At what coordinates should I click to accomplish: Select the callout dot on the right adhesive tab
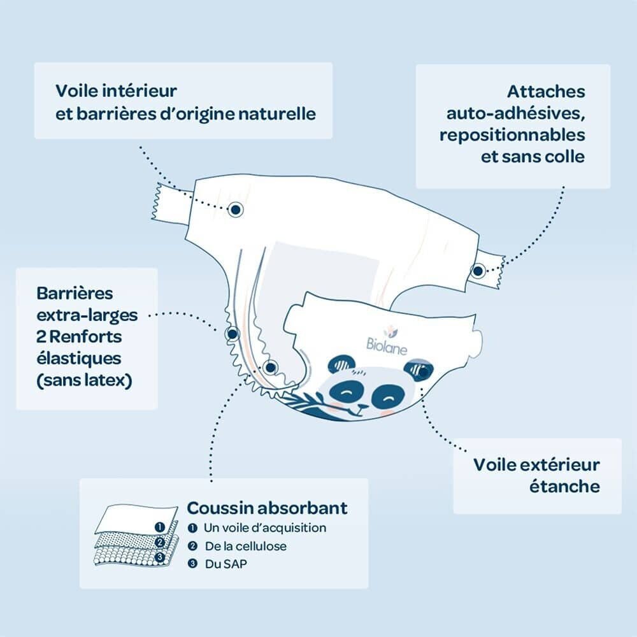478,271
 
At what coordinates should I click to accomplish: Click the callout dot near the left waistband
235,210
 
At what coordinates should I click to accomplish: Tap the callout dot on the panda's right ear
423,372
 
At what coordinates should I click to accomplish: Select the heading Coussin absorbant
267,508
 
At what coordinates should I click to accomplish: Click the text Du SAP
225,564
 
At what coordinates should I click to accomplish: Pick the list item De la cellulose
245,546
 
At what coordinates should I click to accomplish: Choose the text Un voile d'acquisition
265,527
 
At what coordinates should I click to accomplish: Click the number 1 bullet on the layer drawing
160,527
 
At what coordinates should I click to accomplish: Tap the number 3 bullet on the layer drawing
160,557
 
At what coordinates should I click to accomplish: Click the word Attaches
546,92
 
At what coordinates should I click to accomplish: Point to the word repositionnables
512,135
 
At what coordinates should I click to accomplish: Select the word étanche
564,486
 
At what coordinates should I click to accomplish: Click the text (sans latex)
84,381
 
